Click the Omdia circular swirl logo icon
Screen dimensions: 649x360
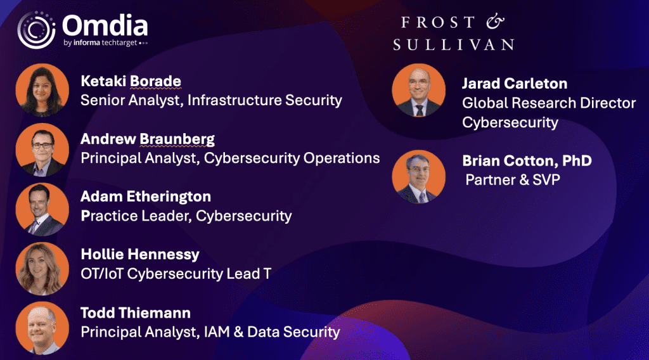point(36,30)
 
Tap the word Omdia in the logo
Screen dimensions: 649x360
point(105,25)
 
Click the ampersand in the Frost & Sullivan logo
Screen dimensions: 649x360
point(496,22)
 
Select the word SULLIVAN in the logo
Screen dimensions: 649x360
point(453,45)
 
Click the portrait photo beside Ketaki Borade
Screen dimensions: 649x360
point(42,90)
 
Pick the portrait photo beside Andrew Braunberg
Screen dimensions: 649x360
point(42,150)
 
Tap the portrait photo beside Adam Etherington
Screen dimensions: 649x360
point(42,209)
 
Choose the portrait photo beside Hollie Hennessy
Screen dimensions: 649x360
point(42,269)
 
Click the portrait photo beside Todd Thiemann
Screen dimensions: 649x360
point(42,328)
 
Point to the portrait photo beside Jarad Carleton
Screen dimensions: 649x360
point(419,90)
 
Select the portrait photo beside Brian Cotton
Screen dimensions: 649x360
point(419,177)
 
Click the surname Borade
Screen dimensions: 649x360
point(156,81)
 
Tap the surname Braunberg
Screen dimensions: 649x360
point(177,139)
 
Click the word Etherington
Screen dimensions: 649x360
point(169,196)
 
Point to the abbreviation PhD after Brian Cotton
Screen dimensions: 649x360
point(577,160)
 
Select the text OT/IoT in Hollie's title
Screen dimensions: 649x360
point(102,274)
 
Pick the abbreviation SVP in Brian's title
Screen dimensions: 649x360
point(546,180)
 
